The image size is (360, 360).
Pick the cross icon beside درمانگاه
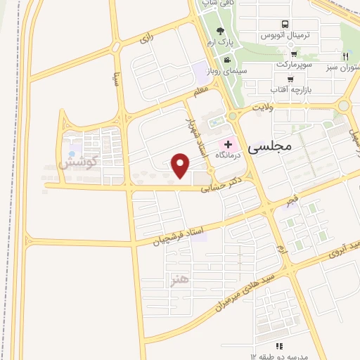(229, 144)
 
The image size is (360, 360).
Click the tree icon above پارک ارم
(221, 31)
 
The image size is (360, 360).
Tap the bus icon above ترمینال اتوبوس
(284, 23)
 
